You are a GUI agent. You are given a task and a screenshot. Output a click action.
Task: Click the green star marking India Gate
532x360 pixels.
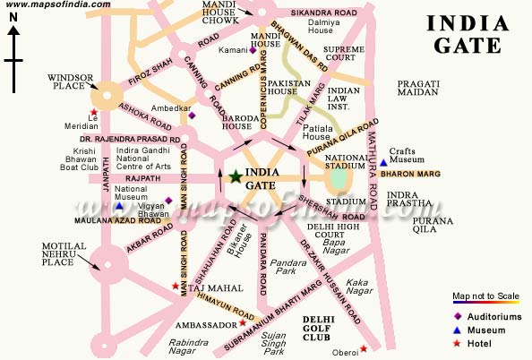click(236, 177)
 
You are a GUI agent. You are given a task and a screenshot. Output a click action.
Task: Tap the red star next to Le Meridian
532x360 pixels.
click(93, 112)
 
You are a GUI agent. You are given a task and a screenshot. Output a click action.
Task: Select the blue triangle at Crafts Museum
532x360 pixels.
click(383, 162)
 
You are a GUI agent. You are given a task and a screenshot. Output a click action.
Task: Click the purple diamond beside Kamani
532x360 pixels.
click(253, 50)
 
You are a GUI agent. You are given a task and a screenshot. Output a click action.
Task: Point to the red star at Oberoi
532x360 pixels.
click(363, 348)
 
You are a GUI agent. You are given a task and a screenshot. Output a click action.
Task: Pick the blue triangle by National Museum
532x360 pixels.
click(118, 206)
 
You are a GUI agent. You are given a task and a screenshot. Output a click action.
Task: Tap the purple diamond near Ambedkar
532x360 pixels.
click(192, 115)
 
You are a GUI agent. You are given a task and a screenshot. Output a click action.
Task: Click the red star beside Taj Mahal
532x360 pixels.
click(176, 287)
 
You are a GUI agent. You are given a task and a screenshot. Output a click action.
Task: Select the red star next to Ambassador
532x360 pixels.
click(229, 323)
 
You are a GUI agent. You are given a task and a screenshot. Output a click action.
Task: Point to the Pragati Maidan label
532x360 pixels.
click(418, 89)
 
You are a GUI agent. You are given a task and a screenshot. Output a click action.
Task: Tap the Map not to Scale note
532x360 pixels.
click(485, 296)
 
